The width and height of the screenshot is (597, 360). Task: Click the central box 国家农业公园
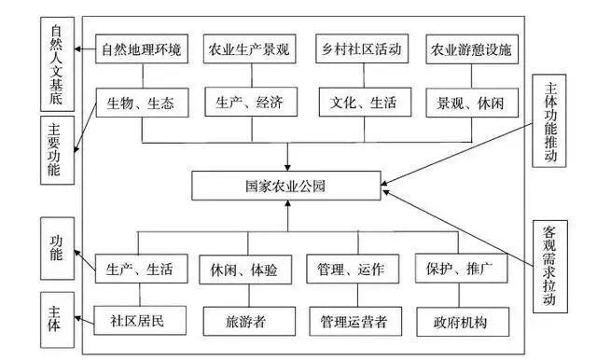pyautogui.click(x=287, y=186)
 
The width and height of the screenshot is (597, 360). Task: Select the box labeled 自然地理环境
pyautogui.click(x=142, y=48)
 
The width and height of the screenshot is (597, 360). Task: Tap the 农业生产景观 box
pyautogui.click(x=247, y=48)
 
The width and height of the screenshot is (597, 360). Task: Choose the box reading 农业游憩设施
pyautogui.click(x=469, y=48)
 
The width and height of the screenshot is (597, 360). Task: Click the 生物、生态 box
pyautogui.click(x=142, y=102)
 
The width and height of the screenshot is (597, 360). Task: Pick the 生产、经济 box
pyautogui.click(x=247, y=102)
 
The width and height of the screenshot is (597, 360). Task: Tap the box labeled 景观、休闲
pyautogui.click(x=469, y=102)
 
